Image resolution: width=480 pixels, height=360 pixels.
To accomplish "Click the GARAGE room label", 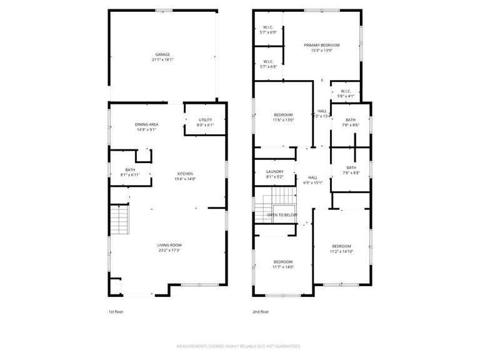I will point(162,54).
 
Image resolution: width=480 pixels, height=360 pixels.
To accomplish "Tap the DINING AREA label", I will point(146,124).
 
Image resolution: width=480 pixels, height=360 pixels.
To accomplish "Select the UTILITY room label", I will point(206,119).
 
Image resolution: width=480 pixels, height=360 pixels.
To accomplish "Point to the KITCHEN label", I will point(185,174).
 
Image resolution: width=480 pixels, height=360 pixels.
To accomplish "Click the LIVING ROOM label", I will point(169,245).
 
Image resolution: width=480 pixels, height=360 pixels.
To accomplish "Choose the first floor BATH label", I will point(130,169).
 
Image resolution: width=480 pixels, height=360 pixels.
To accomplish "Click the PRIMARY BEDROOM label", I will point(321,45).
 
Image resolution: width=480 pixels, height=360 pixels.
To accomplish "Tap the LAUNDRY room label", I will point(275,171).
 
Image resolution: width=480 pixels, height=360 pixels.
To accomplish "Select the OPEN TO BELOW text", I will point(282,214).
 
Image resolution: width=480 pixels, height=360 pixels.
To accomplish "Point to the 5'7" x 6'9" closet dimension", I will point(268,32).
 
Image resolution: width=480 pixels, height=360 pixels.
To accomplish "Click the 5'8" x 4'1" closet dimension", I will point(346,96).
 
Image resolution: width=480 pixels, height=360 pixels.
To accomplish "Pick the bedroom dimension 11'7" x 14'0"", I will point(282,267).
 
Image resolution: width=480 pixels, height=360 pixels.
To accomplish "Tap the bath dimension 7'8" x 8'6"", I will point(351,125).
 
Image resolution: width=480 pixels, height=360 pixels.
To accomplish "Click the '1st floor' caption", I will point(116,311).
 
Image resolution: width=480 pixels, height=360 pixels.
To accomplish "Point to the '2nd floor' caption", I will point(261,311).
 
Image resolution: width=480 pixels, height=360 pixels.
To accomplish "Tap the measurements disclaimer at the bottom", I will point(239,346).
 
